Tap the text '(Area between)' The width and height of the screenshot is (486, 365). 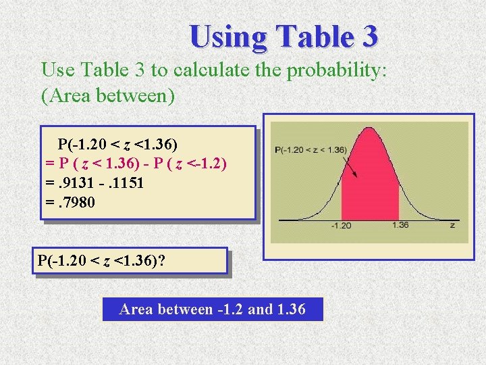point(108,96)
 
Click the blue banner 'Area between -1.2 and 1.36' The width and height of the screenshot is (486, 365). point(212,310)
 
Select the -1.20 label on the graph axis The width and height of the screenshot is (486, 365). point(342,225)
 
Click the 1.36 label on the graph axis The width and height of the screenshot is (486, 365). point(400,225)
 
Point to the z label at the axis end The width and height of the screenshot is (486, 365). point(452,225)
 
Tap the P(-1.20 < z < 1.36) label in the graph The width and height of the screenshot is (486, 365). point(310,149)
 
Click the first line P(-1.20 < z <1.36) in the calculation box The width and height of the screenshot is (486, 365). point(117,144)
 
